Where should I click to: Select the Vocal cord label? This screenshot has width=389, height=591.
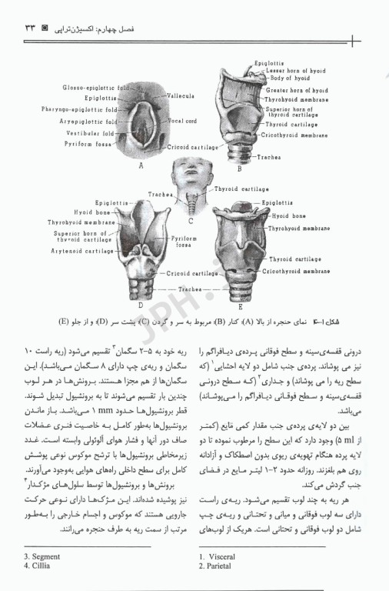coord(182,121)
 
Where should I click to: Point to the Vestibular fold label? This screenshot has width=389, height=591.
coord(91,132)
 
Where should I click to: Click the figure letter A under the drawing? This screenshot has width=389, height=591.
coord(141,165)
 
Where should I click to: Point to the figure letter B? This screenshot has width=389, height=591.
coord(239,169)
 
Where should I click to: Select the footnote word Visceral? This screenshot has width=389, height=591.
coord(224,556)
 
